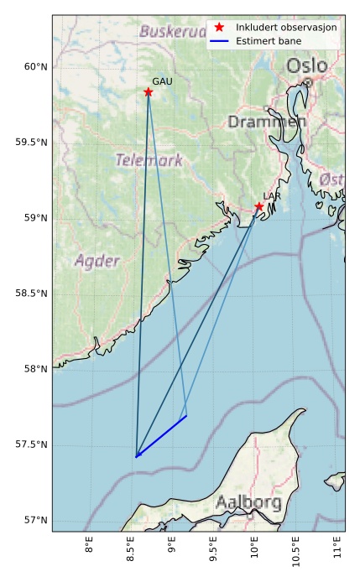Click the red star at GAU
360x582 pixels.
tap(148, 92)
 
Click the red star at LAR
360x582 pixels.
tap(258, 206)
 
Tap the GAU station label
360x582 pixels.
tap(162, 81)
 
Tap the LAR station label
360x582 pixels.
tap(272, 196)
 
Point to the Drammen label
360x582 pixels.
tap(267, 122)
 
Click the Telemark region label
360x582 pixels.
tap(149, 160)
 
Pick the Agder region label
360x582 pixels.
tap(97, 261)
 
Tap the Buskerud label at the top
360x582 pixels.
tap(173, 32)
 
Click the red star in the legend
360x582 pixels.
tap(219, 27)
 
